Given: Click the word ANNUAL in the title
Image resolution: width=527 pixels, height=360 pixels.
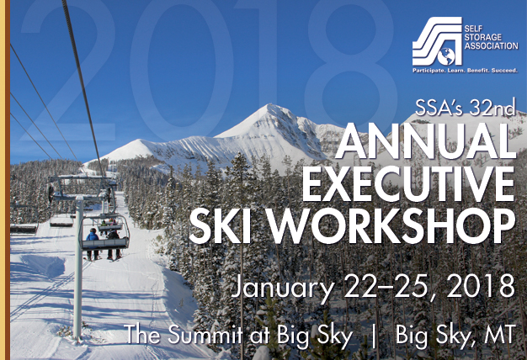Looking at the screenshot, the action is click(425, 141).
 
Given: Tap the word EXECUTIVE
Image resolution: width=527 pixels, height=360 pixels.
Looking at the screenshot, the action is click(408, 184).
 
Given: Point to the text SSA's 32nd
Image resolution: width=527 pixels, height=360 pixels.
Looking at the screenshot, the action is click(465, 108).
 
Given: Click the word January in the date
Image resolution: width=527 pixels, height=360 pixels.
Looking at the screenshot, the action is click(283, 288).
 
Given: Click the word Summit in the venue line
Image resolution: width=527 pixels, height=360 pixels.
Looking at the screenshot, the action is click(205, 334).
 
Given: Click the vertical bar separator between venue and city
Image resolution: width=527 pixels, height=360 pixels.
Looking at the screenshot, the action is click(374, 335).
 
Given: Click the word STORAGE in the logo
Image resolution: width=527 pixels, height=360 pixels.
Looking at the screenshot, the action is click(482, 37).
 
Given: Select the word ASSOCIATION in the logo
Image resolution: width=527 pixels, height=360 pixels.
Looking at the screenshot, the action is click(491, 45).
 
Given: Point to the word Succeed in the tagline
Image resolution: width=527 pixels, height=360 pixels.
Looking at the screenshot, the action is click(504, 71).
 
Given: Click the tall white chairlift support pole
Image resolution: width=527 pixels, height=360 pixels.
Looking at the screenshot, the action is click(78, 268).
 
